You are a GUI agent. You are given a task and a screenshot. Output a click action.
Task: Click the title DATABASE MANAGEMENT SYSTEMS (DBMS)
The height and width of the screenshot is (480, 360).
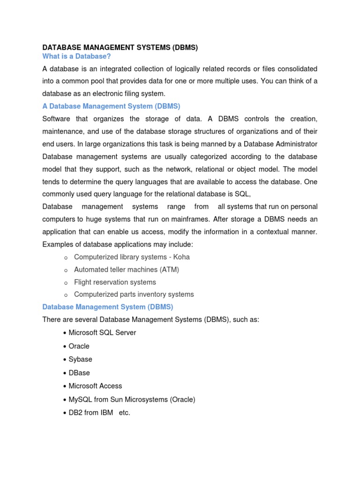[x=120, y=47]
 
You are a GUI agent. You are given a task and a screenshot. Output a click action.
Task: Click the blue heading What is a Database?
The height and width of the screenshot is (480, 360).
[x=76, y=56]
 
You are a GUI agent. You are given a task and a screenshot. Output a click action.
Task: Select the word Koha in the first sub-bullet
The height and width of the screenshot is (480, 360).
[x=181, y=257]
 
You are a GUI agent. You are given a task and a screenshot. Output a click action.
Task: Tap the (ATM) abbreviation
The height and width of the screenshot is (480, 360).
[x=169, y=270]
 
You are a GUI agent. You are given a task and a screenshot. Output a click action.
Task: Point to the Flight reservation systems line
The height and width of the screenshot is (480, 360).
[x=115, y=282]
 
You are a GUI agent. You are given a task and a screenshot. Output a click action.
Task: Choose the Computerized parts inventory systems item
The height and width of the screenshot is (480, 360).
[x=134, y=294]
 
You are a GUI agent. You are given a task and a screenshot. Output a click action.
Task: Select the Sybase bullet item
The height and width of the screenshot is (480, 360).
[x=80, y=359]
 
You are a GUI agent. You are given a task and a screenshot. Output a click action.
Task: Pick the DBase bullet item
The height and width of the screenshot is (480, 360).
[x=79, y=373]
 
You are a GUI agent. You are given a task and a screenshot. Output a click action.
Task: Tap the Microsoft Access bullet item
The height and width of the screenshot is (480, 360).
[x=95, y=386]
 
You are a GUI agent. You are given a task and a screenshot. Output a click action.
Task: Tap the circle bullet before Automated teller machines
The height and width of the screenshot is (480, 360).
[x=66, y=270]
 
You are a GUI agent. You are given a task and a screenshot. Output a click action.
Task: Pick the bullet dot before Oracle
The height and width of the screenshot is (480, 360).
[x=64, y=346]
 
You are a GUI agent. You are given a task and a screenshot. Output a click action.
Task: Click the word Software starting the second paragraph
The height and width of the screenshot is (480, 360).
[x=57, y=119]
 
